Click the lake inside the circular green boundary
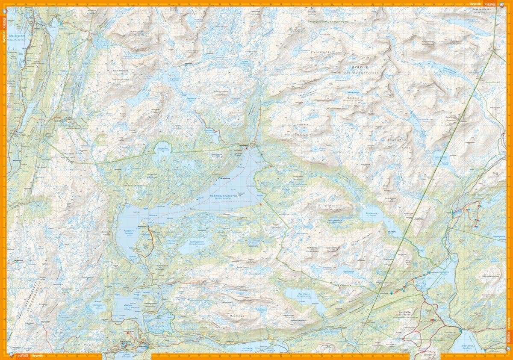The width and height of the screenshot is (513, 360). coord(163,148)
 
